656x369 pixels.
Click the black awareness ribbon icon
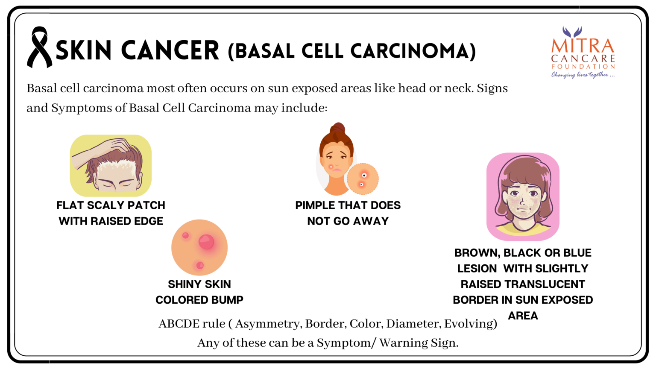point(39,47)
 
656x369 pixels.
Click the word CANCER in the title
point(170,50)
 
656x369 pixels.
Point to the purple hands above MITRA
point(572,31)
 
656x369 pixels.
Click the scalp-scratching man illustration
point(111,165)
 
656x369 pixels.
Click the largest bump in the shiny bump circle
point(206,242)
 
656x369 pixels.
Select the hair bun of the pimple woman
point(338,129)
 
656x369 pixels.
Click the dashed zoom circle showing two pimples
point(363,179)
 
